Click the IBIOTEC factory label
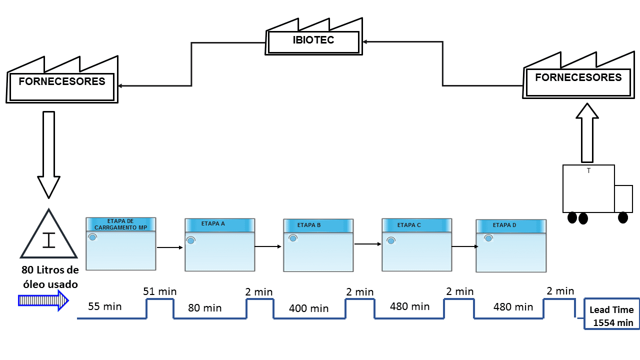313,40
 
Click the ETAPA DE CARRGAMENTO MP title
120,224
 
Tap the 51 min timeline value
160,291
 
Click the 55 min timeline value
105,306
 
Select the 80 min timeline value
205,308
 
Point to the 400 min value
309,308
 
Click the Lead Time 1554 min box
611,316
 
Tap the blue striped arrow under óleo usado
43,300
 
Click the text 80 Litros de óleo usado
50,277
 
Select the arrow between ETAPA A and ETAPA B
268,246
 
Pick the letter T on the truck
588,171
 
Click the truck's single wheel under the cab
623,217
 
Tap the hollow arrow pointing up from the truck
587,132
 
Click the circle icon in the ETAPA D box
489,238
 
